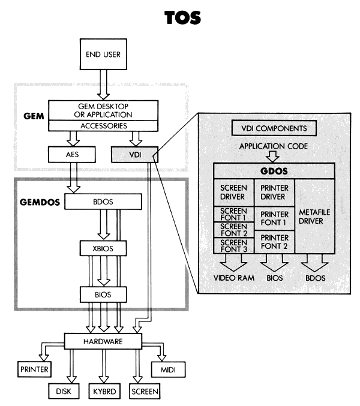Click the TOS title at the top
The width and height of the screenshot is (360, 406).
pos(180,19)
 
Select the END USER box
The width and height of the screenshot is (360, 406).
pos(101,56)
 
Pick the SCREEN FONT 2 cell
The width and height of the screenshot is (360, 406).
pos(233,229)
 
